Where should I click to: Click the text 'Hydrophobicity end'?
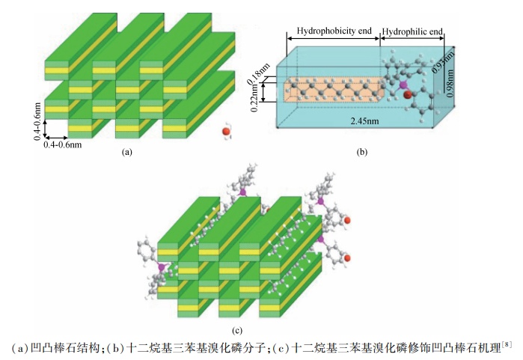pos(333,31)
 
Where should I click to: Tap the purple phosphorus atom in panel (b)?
pos(403,85)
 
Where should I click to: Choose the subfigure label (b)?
pos(361,152)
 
